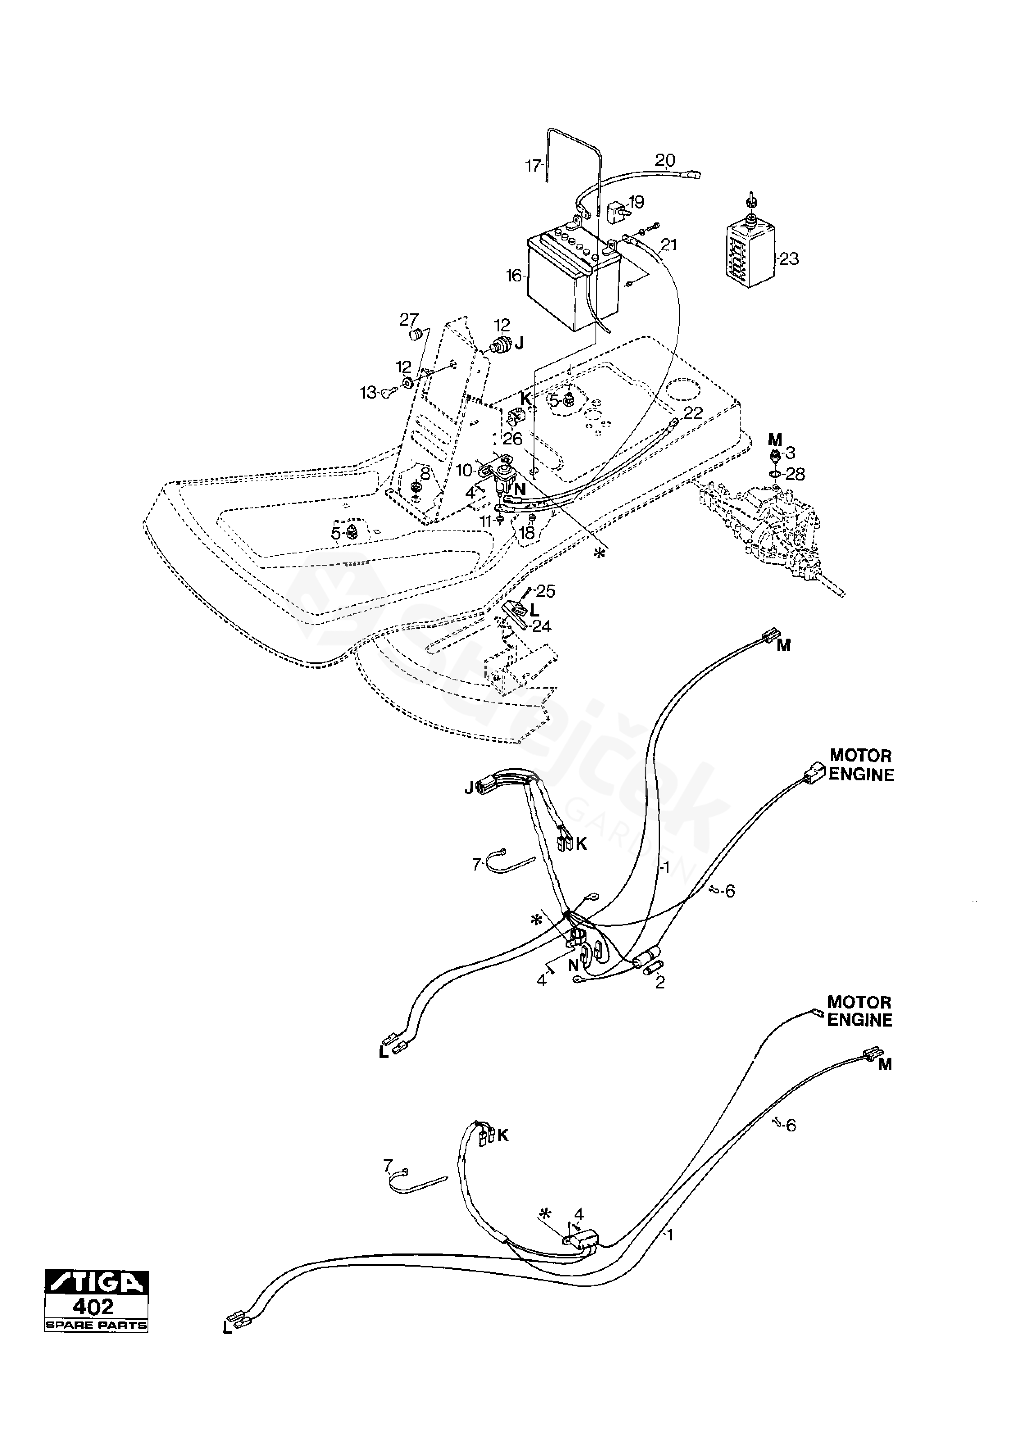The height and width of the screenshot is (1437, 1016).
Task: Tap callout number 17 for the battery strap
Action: point(533,166)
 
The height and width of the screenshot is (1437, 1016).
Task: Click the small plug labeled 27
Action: point(414,336)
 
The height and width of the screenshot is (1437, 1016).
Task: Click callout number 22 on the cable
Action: point(693,413)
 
